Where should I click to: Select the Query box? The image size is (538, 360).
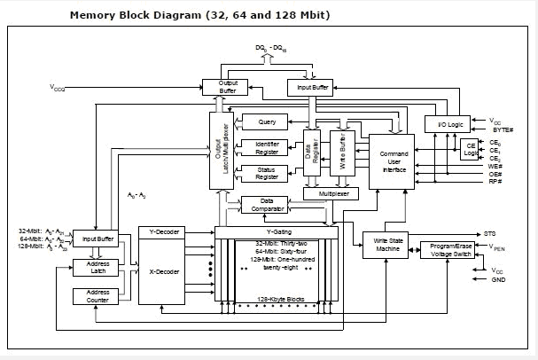266,121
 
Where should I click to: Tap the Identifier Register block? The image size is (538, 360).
266,147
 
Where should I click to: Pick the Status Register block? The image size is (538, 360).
266,172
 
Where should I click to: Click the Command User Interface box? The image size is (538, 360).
394,159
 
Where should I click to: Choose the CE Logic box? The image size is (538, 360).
470,150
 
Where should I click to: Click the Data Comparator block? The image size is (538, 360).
267,205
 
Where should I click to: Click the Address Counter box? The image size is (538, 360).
97,296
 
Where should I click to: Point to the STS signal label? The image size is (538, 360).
489,233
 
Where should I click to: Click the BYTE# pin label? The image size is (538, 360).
502,129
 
